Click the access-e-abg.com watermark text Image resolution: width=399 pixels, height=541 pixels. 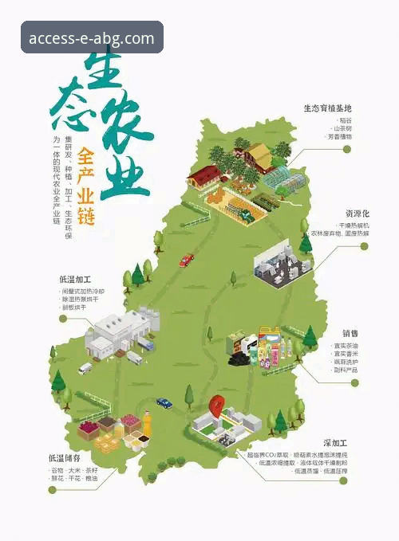coord(92,37)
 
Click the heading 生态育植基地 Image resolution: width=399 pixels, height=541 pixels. coord(327,108)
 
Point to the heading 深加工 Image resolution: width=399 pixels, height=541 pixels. coord(336,442)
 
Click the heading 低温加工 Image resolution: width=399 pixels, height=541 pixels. coord(75,280)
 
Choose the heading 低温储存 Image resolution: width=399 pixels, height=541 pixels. coord(65,458)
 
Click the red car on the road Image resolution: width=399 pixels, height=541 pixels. coord(186,260)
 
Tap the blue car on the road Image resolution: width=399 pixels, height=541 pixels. coord(164,403)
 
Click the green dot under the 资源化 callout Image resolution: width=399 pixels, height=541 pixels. coord(365,246)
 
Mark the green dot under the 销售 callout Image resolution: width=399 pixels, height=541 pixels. coord(365,382)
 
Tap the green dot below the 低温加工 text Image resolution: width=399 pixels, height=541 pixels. coord(63,319)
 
